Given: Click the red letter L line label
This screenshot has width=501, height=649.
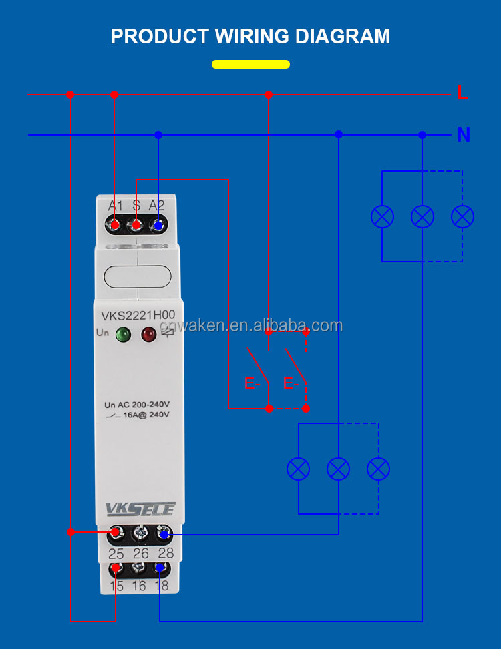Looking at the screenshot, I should coord(462,93).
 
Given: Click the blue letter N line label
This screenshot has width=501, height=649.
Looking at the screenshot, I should coord(464,135).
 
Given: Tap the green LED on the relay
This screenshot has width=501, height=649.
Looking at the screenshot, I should coord(123,334).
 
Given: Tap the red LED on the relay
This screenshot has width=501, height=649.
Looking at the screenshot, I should coord(148,334).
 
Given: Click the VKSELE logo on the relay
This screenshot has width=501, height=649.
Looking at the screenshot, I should coord(140,509).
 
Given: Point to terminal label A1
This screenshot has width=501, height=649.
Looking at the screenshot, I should coord(116,206).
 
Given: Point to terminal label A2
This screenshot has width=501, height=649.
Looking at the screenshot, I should coord(157,206).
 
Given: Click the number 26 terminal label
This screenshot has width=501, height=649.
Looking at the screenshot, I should coord(140,553).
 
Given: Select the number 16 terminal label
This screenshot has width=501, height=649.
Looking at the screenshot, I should coord(138,586).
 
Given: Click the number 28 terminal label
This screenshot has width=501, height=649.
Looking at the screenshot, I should coord(166,553).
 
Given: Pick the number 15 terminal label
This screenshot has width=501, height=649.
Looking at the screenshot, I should coord(116,586).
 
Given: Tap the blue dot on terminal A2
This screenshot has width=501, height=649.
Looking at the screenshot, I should coord(158,225).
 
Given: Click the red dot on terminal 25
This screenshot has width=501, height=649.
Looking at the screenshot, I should coord(116,533).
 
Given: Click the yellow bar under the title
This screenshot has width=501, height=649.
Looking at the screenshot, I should coord(251,65).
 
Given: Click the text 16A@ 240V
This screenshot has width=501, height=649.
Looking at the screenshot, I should coord(146,415).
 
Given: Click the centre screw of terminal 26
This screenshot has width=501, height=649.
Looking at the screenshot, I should coord(140,533).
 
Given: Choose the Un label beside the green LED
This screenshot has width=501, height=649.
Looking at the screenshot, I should coord(102,333).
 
